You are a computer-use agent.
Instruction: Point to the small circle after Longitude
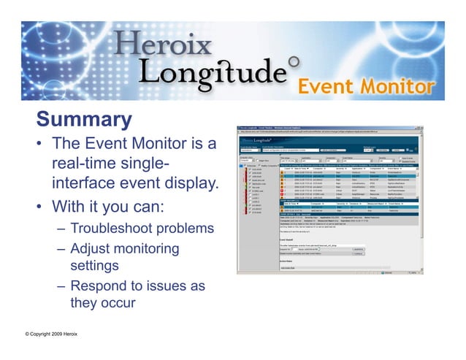coord(293,63)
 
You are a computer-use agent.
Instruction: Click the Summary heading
coord(84,119)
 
